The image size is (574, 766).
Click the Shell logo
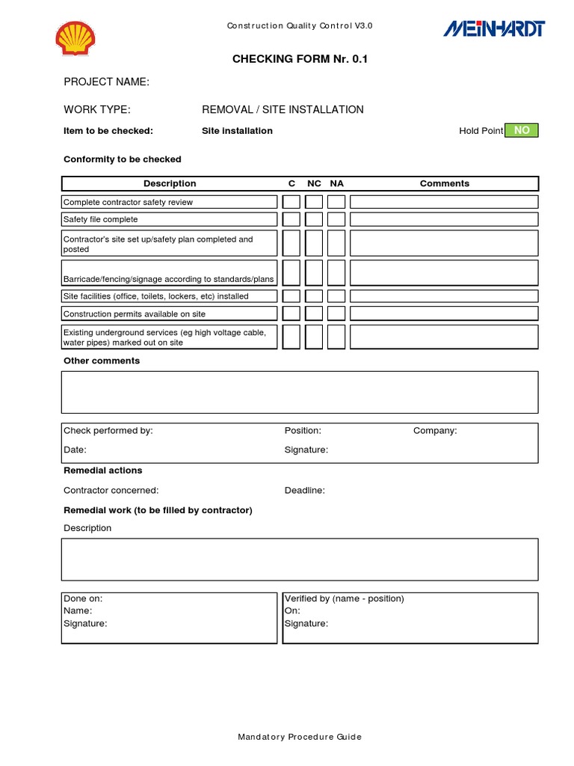76,37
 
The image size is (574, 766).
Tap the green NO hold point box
521,130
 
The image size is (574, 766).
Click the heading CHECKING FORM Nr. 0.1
300,59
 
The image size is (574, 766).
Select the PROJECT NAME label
106,82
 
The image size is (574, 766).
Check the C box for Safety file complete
291,219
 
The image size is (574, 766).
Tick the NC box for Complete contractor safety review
314,202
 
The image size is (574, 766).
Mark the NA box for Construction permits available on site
336,313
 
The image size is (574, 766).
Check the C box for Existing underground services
291,337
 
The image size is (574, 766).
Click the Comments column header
444,183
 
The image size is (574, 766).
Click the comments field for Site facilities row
444,296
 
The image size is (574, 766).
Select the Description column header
170,183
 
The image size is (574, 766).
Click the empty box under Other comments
299,392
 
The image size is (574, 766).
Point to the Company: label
435,431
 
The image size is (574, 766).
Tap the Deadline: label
304,491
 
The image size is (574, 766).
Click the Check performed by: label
108,431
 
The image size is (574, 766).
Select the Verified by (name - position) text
344,598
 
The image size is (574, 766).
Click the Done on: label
83,598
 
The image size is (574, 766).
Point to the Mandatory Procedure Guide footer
299,737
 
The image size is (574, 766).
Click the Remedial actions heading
102,471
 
